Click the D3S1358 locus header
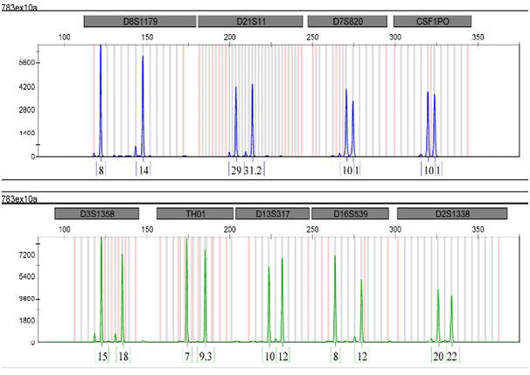96,213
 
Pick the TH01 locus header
194,213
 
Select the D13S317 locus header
270,213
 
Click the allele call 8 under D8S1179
101,170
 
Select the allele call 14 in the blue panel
143,170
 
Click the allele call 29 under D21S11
236,170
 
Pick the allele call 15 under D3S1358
102,357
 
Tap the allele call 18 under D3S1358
124,357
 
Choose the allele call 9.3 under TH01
206,357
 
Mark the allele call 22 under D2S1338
452,357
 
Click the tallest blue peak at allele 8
101,48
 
